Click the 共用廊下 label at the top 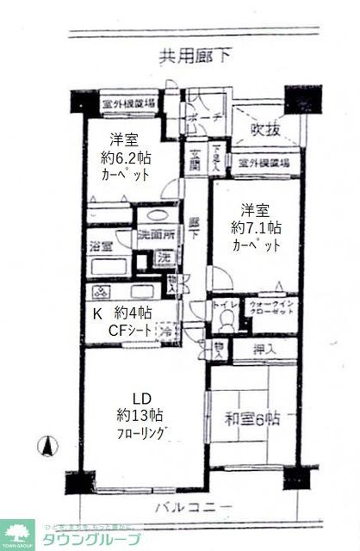195,58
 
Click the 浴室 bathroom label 100,245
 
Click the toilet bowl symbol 226,319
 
